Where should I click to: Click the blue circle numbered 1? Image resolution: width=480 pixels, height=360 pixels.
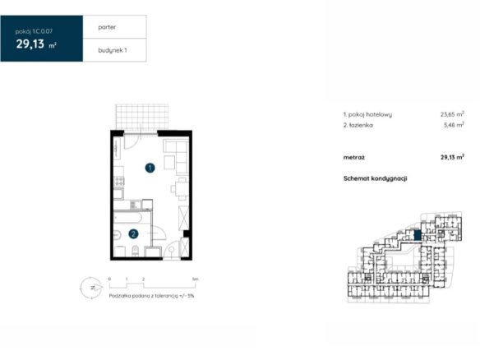coord(150,168)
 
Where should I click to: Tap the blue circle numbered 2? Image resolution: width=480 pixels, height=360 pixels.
coord(133,234)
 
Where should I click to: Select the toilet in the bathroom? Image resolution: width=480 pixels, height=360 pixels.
coord(135,251)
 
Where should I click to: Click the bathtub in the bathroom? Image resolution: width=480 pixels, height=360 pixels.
coord(127,218)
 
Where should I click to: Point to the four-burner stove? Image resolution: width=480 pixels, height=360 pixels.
coord(119,181)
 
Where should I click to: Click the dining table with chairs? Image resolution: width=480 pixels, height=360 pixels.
coord(181,189)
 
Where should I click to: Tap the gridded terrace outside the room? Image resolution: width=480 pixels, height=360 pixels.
coord(141,117)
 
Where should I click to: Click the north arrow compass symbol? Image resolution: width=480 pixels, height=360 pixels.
coord(91,288)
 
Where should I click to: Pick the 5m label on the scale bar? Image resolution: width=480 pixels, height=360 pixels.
coord(195,279)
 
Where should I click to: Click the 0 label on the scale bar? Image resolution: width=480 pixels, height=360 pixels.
coord(109,279)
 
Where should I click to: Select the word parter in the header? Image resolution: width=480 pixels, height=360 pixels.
coord(107,27)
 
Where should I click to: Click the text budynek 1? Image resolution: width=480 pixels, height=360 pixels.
coord(113,50)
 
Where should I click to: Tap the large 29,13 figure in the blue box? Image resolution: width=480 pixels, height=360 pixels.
coord(30,44)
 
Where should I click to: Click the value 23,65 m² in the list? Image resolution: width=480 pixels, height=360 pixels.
coord(452,114)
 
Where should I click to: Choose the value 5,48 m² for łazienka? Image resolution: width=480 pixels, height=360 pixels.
coord(454,125)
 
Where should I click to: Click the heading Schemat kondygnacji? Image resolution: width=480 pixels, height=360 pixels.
coord(375,178)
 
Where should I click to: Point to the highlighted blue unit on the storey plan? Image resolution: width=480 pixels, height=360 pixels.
coord(418,235)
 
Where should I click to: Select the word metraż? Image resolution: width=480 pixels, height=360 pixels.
coord(354,158)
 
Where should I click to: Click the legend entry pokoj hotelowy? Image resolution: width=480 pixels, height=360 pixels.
coord(370,114)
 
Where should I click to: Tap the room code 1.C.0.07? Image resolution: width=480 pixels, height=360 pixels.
coord(43,31)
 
